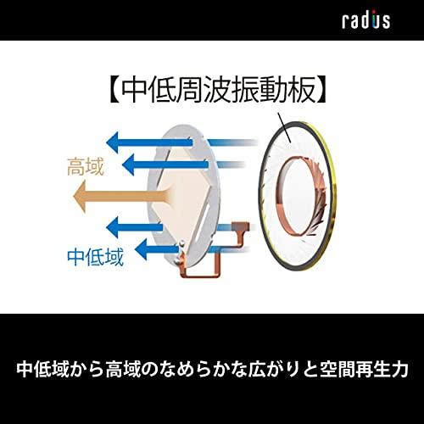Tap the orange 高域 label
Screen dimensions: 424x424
coord(86,167)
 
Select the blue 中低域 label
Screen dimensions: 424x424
coord(96,257)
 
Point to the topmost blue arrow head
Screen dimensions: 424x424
coord(112,142)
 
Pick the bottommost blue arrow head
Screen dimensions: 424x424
coord(142,249)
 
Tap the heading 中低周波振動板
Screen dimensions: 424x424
coord(218,91)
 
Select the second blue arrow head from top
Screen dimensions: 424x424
coord(129,165)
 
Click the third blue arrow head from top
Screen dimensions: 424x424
coord(113,227)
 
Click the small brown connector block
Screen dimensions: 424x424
coord(241,226)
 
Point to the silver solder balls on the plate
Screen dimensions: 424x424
coord(179,252)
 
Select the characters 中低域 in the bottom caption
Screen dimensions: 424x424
coord(43,369)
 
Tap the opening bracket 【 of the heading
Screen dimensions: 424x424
coord(115,91)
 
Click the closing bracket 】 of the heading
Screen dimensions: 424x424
coord(321,91)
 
